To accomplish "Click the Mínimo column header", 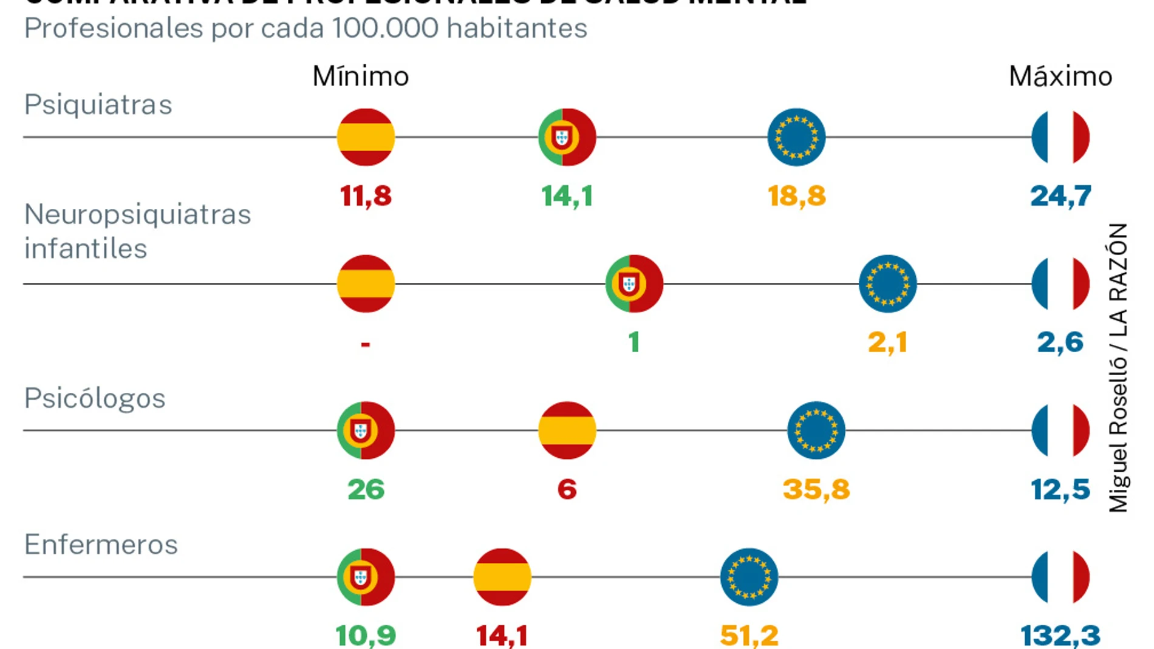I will click(x=360, y=76).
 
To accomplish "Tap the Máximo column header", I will click(x=1060, y=76).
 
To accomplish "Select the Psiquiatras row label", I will click(x=98, y=104).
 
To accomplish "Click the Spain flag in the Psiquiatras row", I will click(x=366, y=137).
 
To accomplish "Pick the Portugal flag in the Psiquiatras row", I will click(x=567, y=137).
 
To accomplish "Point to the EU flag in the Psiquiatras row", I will click(x=796, y=137).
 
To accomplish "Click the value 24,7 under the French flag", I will click(x=1060, y=196).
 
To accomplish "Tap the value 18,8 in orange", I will click(x=796, y=196).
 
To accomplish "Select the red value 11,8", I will click(x=366, y=196).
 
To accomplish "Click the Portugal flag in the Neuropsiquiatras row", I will click(x=634, y=284).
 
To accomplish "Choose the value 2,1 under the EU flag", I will click(x=887, y=342).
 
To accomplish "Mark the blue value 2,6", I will click(x=1060, y=342).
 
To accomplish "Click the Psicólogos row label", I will click(x=95, y=399).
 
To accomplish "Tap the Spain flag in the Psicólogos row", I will click(x=567, y=430).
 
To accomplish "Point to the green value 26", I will click(x=366, y=489).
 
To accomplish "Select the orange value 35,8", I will click(x=816, y=489).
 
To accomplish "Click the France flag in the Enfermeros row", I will click(x=1060, y=577).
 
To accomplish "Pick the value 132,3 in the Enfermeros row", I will click(x=1060, y=636).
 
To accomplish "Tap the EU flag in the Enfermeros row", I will click(x=749, y=577).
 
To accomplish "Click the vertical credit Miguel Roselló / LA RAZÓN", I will click(x=1118, y=367).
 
